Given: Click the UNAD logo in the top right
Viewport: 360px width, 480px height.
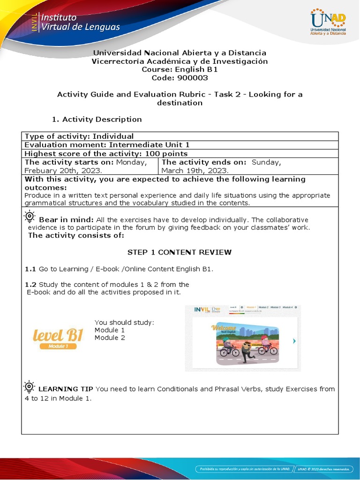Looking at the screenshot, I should click(x=328, y=23).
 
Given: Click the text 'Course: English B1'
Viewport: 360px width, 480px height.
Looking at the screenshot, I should click(x=180, y=69).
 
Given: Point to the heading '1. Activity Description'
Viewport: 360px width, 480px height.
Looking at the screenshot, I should click(x=97, y=119).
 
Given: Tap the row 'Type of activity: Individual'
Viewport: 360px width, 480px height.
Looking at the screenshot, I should click(x=79, y=136).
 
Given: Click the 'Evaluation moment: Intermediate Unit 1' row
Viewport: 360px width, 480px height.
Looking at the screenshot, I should click(x=100, y=145).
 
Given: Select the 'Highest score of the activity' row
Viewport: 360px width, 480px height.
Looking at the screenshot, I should click(x=106, y=154).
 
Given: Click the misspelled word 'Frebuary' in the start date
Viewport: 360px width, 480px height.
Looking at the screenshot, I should click(x=41, y=171).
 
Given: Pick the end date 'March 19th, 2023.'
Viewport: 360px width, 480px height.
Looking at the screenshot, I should click(x=195, y=171).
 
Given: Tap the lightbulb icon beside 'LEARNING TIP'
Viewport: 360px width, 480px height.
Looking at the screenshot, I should click(x=29, y=387).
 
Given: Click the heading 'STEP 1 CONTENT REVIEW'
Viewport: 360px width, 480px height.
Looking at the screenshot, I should click(x=180, y=252).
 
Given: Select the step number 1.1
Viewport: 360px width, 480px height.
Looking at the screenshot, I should click(x=30, y=269).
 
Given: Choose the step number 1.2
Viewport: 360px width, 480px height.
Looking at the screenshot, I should click(x=30, y=284).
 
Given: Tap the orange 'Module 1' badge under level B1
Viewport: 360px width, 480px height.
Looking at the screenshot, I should click(x=58, y=346).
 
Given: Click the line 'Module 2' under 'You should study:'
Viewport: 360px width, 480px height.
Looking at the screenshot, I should click(x=110, y=337).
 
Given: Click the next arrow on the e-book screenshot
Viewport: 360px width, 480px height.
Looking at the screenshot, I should click(x=294, y=341).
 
